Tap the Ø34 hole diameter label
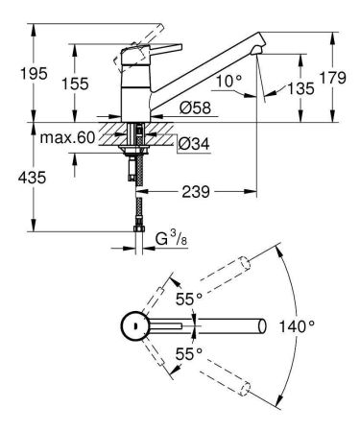coord(194,143)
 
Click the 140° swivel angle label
coord(299,327)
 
